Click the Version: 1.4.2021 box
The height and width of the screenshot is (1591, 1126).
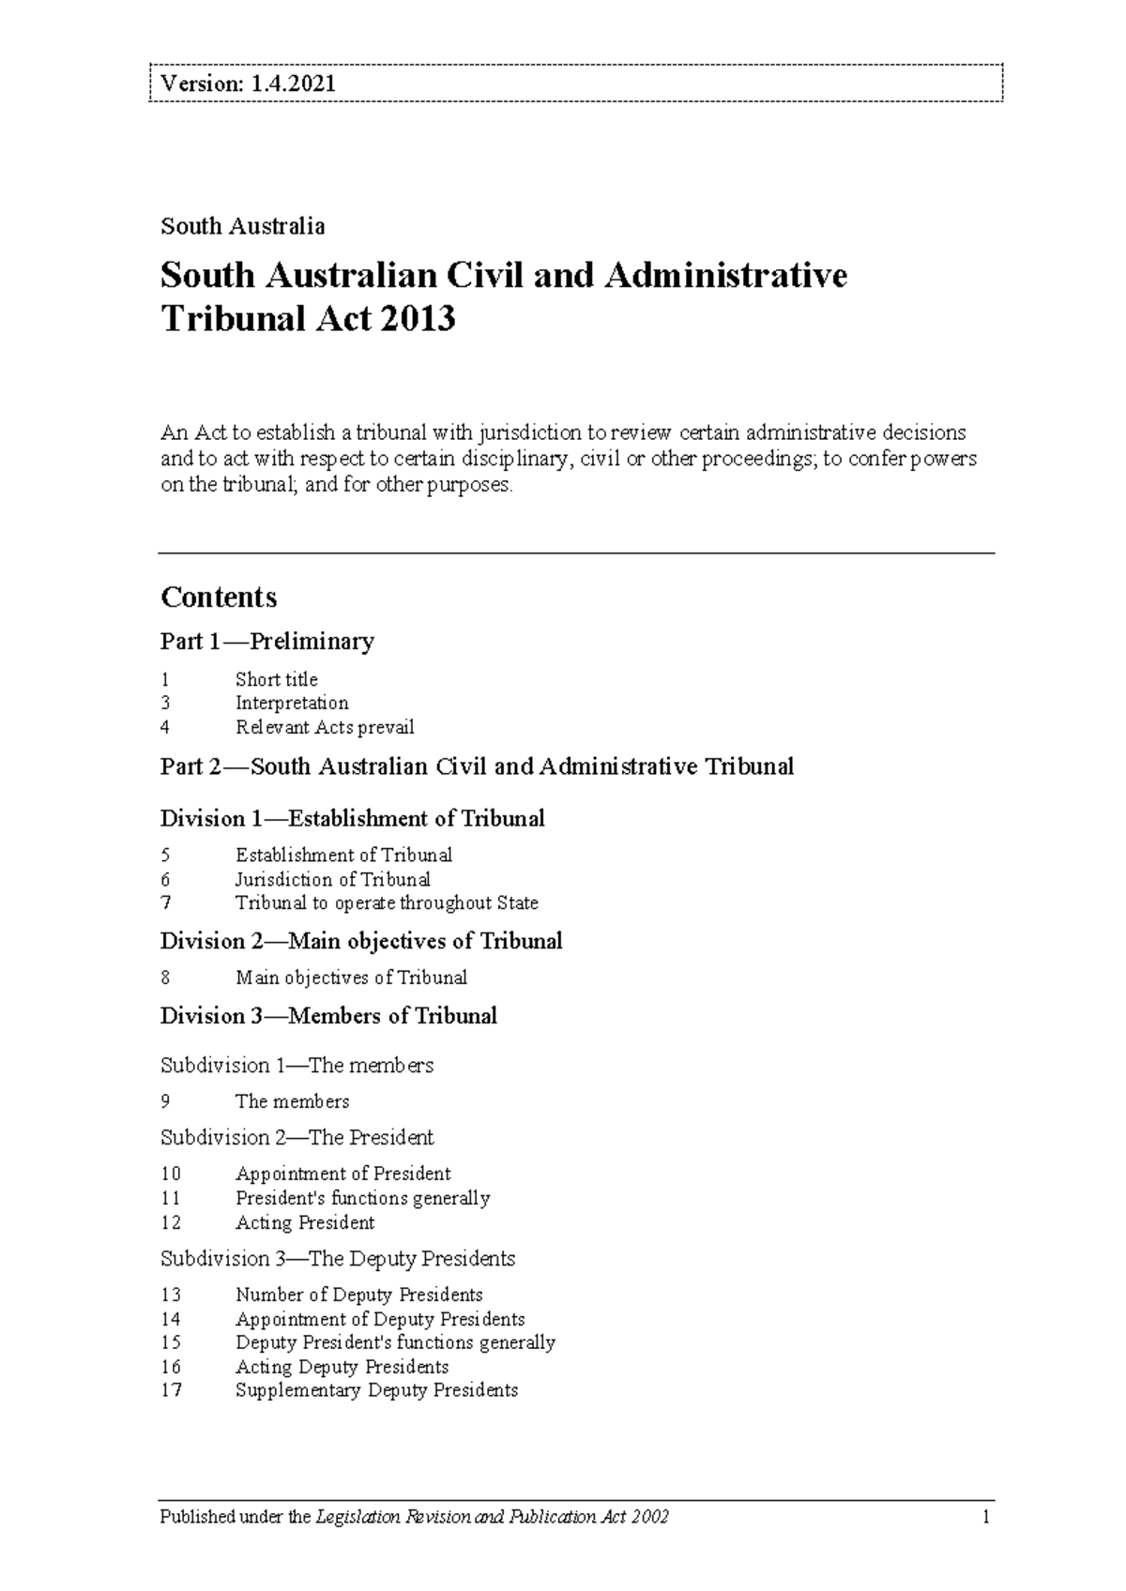tap(575, 83)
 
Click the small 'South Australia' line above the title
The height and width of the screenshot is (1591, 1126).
tap(243, 226)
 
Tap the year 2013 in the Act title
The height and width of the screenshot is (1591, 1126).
tap(418, 319)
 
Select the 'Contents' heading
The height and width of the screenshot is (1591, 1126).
tap(219, 598)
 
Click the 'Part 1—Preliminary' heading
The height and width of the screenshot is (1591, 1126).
tap(266, 642)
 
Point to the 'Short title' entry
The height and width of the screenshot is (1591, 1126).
tap(276, 679)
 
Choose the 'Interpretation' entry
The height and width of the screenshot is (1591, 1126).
tap(292, 703)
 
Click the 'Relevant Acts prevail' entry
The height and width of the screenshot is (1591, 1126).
tap(325, 727)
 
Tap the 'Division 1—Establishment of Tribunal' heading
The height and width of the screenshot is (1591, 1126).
tap(352, 819)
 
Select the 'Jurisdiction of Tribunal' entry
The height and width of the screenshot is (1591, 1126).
tap(332, 879)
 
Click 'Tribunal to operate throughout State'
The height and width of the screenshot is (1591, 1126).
tap(387, 902)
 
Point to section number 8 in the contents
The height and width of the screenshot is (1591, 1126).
tap(166, 977)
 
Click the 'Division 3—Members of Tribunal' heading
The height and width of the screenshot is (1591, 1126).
tap(328, 1016)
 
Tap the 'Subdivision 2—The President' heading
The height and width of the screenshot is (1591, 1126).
tap(297, 1138)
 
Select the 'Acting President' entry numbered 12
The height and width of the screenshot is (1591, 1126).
tap(305, 1222)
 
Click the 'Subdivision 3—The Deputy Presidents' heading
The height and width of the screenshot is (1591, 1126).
tap(338, 1258)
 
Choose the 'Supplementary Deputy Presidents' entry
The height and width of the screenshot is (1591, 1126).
tap(376, 1390)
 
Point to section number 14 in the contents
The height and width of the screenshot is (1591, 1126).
tap(171, 1319)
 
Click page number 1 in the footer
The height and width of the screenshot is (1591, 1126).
tap(986, 1517)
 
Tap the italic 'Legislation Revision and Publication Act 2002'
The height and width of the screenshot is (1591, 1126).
tap(493, 1517)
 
